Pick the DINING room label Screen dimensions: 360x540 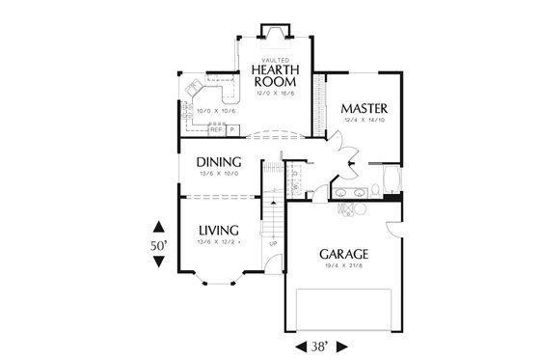218,161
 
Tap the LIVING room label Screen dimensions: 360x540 219,230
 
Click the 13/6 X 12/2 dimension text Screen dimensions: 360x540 219,241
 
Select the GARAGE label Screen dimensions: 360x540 344,254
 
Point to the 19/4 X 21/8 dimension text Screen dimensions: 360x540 345,266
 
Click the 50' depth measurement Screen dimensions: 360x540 159,247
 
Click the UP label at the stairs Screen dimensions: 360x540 272,243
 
